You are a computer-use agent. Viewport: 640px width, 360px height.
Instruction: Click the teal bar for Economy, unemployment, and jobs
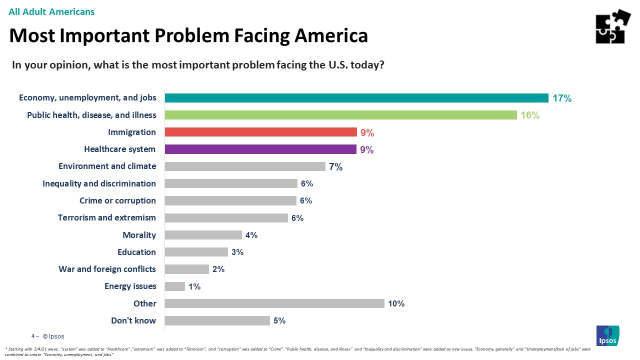point(356,98)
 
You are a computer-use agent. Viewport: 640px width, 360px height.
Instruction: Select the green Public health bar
point(340,115)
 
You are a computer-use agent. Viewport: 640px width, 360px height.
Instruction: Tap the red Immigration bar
point(260,132)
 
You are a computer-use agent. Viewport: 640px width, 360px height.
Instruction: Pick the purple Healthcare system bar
point(260,149)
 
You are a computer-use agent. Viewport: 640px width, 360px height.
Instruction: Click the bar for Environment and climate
point(245,166)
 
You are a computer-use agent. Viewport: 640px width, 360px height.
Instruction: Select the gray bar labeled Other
point(274,303)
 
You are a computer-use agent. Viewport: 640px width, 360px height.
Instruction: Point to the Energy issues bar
point(175,286)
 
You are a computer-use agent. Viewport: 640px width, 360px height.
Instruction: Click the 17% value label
point(561,98)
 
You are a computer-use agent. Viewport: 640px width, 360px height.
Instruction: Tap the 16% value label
point(530,115)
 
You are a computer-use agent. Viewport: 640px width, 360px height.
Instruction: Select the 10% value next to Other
point(396,303)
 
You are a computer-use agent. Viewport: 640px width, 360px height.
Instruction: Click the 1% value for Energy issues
point(194,286)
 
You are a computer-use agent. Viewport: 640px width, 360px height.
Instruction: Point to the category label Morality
point(139,235)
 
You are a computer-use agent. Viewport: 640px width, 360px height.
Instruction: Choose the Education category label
point(136,252)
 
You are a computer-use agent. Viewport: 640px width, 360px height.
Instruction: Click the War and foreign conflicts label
point(107,269)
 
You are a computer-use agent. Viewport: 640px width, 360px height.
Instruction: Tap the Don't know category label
point(133,320)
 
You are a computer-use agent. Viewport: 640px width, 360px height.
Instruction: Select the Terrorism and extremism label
point(107,217)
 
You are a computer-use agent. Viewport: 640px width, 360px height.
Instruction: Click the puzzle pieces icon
point(613,26)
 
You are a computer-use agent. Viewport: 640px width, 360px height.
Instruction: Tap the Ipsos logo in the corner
point(607,335)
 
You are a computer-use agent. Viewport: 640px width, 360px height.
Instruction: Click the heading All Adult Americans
point(51,11)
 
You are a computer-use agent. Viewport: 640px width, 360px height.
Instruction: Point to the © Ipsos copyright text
point(53,336)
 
